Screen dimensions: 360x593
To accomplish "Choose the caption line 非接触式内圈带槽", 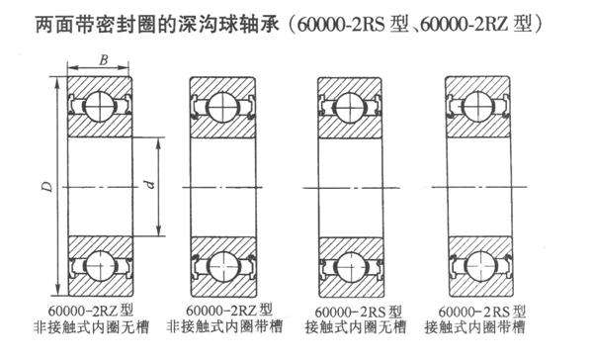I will coord(229,327).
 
